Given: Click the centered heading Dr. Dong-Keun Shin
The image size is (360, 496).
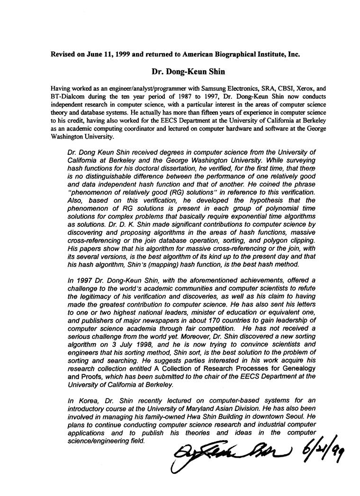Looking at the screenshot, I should coord(180,72).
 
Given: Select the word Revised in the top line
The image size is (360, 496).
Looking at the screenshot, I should coord(64,54).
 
